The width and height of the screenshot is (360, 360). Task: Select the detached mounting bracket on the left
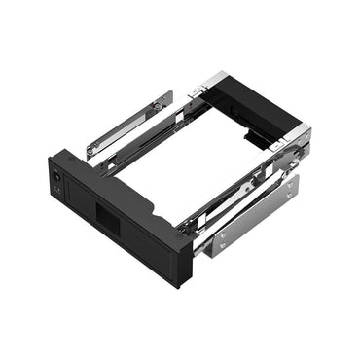(128, 124)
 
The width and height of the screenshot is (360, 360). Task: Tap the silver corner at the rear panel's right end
(302, 136)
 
